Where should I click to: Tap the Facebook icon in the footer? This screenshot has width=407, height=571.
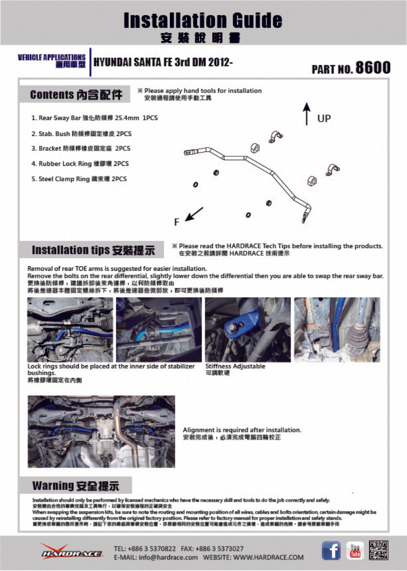[331, 551]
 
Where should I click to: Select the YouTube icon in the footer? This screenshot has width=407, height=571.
[355, 551]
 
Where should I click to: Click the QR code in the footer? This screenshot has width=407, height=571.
[379, 551]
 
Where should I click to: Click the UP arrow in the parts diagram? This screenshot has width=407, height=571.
[307, 114]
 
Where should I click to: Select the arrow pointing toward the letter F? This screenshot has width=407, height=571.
[194, 214]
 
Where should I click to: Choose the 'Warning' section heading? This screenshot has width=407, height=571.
[75, 485]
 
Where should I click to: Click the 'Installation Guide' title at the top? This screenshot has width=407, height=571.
[203, 20]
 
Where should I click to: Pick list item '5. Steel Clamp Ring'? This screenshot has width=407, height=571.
[79, 179]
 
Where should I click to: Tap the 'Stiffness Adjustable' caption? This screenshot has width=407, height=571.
[235, 366]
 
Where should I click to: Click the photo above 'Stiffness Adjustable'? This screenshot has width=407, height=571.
[248, 330]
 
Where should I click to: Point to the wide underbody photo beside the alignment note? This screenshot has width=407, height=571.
[101, 432]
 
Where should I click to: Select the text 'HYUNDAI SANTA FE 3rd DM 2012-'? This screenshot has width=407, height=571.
[163, 62]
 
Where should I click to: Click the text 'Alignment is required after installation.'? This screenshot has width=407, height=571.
[242, 430]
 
